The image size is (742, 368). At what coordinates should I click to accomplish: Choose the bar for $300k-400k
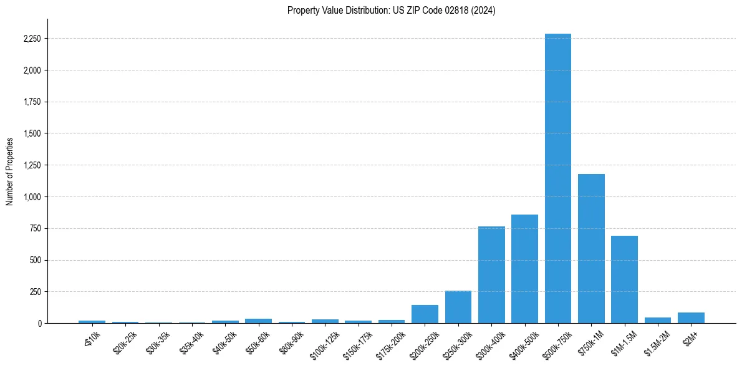click(491, 274)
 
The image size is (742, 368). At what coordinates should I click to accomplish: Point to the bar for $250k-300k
click(458, 307)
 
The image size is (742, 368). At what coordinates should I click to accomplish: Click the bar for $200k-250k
click(425, 314)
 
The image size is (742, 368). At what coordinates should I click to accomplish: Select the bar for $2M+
click(691, 317)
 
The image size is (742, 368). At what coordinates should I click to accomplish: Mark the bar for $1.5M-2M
click(658, 320)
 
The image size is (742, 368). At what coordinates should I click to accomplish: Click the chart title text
click(391, 11)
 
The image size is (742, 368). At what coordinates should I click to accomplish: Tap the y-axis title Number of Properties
click(10, 171)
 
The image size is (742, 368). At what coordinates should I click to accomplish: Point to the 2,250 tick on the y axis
click(32, 39)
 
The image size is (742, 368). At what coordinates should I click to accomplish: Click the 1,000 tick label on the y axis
click(32, 197)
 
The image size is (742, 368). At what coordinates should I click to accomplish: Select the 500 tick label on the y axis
click(36, 260)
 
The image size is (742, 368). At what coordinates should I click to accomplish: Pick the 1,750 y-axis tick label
click(32, 102)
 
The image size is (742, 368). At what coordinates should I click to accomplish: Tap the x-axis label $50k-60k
click(258, 341)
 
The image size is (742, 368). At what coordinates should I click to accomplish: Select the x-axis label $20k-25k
click(125, 341)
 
